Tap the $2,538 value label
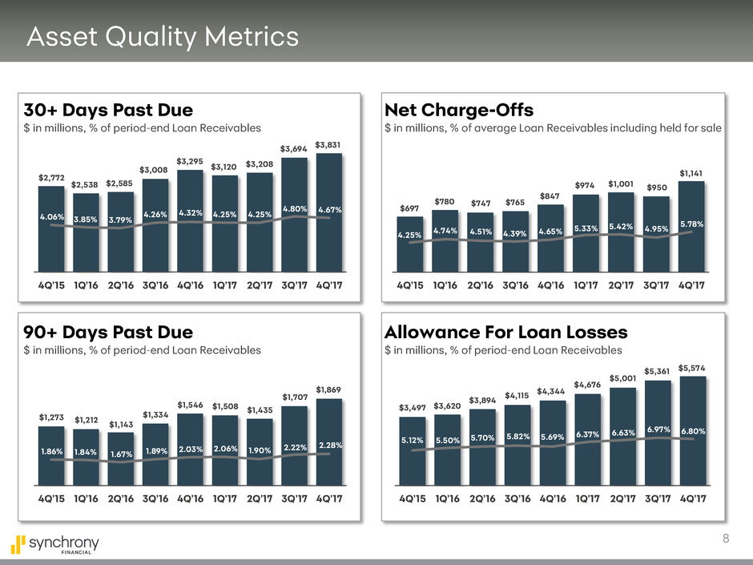84,185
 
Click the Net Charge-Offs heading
459,109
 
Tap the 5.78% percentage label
691,225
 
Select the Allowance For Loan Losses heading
505,332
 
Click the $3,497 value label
413,409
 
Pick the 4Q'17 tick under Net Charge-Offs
691,286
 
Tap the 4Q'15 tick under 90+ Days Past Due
51,498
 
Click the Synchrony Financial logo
56,544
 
